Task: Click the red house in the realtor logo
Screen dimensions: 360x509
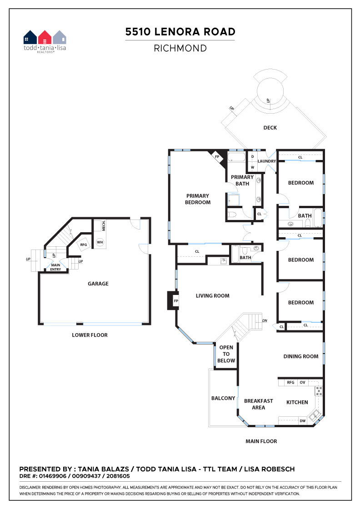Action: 45,37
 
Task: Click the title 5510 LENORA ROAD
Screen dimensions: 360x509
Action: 180,32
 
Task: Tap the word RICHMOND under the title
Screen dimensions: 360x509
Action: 180,48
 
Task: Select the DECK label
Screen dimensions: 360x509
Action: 270,128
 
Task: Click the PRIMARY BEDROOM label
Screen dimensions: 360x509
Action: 198,199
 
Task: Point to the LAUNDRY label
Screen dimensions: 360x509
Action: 266,161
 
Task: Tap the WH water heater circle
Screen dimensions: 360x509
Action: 100,242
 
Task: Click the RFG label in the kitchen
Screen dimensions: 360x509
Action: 290,382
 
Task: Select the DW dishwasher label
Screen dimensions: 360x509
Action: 303,421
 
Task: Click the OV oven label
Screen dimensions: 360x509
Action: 303,382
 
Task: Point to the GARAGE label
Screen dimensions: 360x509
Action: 98,284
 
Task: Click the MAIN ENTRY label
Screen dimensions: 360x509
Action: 55,267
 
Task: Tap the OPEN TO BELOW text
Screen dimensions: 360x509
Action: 226,354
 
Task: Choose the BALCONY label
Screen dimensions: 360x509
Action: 223,398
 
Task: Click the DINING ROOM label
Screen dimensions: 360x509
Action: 301,356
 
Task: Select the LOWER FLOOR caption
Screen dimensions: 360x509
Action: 90,335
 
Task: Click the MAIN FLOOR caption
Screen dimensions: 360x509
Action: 261,441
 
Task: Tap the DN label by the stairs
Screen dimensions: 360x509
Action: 265,320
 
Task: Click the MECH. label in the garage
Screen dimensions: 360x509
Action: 104,225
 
